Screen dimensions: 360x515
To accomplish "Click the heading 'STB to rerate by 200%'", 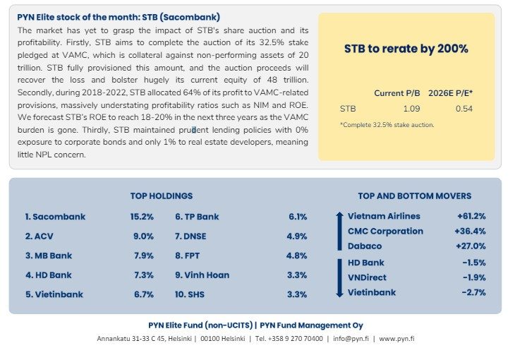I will (x=406, y=49).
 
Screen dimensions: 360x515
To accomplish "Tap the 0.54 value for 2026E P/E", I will (x=464, y=109).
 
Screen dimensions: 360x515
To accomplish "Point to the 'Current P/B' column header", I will (x=397, y=92).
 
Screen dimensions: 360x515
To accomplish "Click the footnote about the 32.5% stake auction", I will (x=387, y=125).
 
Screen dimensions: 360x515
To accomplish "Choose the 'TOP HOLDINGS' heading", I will (x=162, y=196).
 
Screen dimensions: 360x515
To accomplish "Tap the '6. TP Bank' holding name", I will (x=197, y=217).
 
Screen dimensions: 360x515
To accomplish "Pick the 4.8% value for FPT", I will (x=297, y=256).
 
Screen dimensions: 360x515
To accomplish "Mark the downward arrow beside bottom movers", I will (x=339, y=277).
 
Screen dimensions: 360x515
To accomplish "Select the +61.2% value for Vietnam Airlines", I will (x=471, y=216).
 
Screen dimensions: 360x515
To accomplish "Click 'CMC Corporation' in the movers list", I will (x=385, y=231).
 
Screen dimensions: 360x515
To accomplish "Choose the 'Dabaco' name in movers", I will (x=365, y=246).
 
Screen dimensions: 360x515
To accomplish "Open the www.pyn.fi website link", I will (x=396, y=339).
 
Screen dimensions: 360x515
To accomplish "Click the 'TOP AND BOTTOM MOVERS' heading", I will (x=415, y=196).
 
